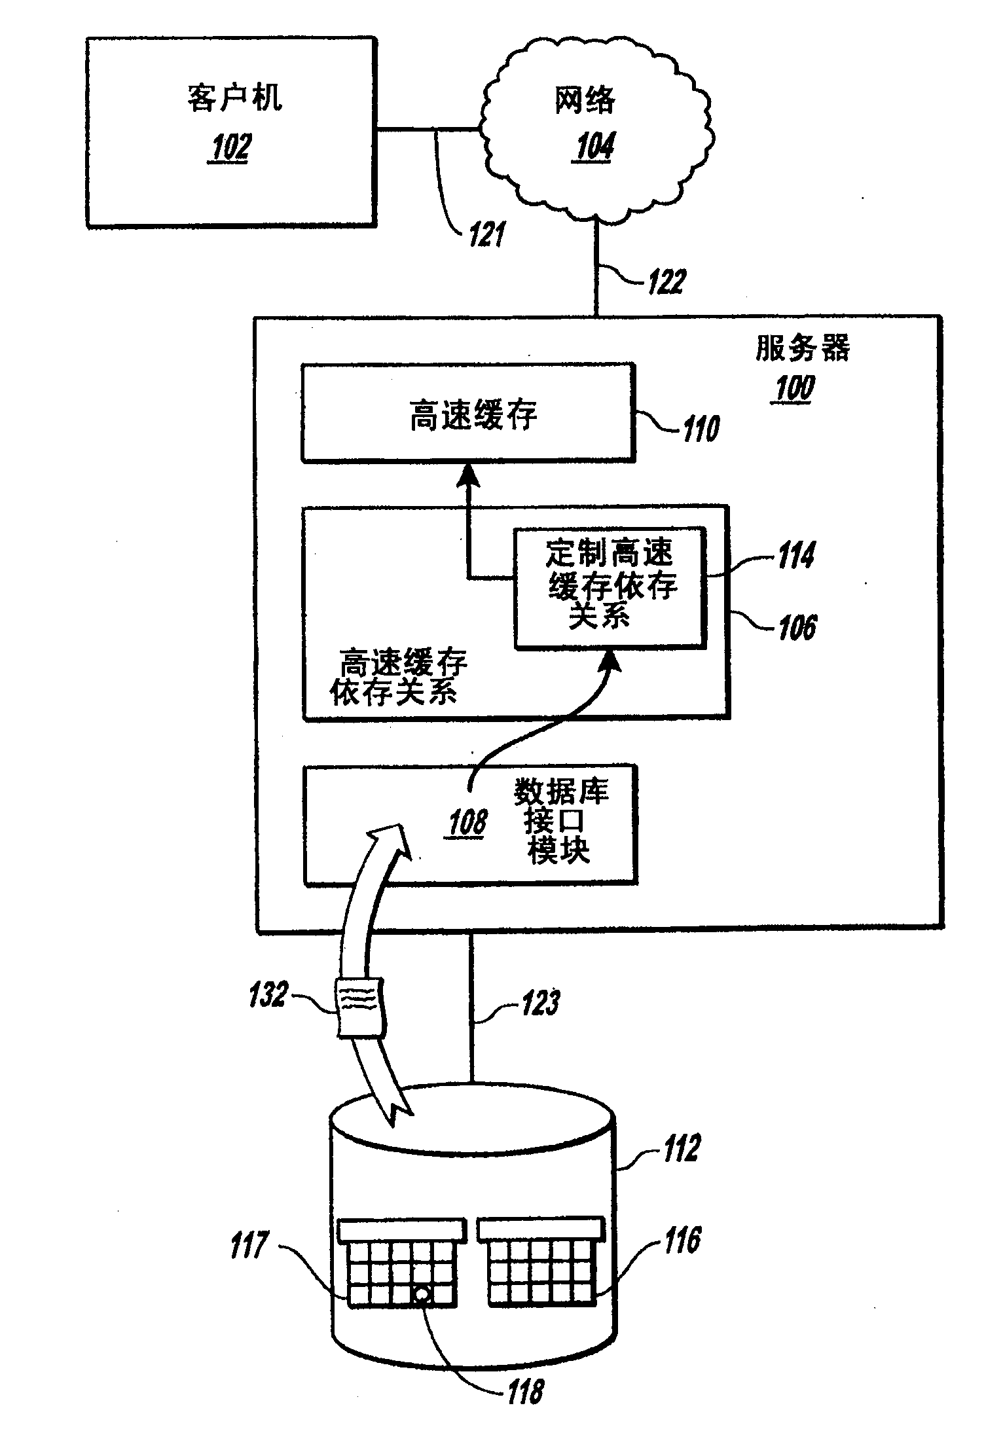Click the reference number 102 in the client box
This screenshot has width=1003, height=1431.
pyautogui.click(x=229, y=148)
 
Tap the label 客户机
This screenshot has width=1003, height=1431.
pyautogui.click(x=234, y=99)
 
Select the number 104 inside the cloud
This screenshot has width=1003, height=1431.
pyautogui.click(x=594, y=147)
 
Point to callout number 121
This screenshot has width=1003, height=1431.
pyautogui.click(x=485, y=234)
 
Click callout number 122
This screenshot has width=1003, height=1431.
pyautogui.click(x=666, y=281)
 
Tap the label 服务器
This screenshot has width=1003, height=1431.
pyautogui.click(x=803, y=348)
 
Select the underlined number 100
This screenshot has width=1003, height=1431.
pyautogui.click(x=794, y=389)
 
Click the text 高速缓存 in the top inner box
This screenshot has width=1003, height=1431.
pyautogui.click(x=473, y=415)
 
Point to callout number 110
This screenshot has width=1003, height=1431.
pyautogui.click(x=701, y=429)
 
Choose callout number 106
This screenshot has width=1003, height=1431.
pyautogui.click(x=797, y=626)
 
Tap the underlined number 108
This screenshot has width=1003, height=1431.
pyautogui.click(x=467, y=822)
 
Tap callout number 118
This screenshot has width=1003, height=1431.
pyautogui.click(x=526, y=1390)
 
